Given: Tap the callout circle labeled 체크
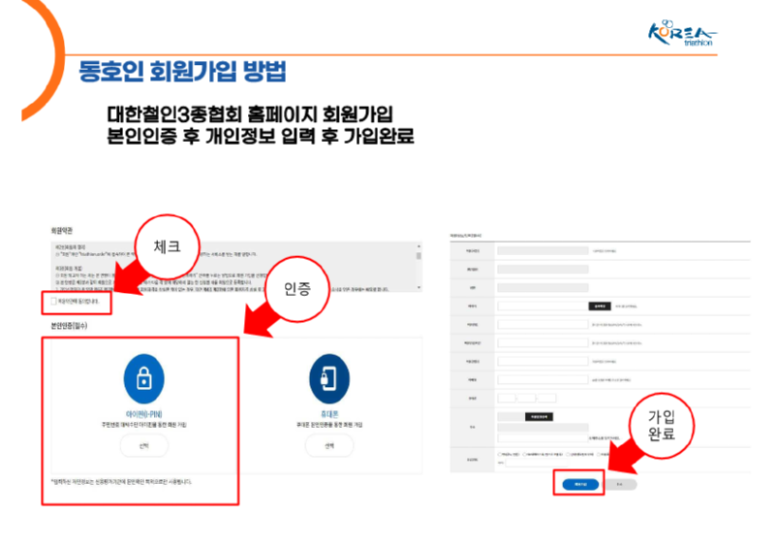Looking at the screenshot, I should (163, 247).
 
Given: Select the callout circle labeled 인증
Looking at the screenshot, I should (296, 289).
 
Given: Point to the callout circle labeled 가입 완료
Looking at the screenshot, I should (663, 427).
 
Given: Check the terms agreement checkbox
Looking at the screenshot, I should (54, 303).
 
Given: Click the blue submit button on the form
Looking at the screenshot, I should (578, 482).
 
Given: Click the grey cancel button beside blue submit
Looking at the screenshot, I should (620, 482).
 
